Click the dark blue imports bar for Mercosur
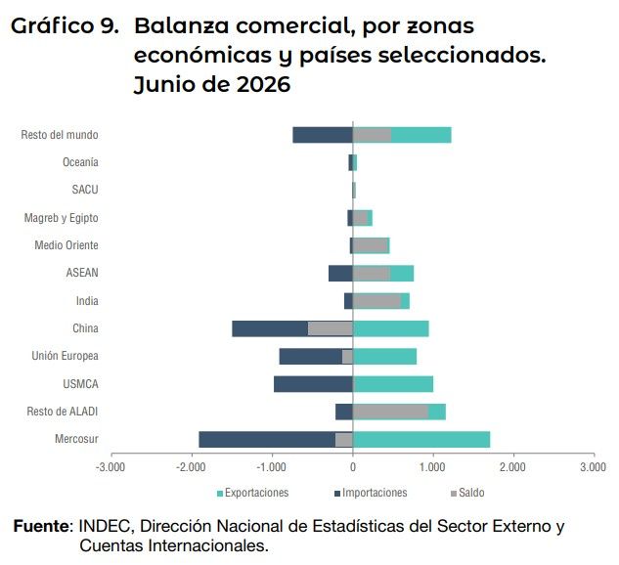pos(267,440)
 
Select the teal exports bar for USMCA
pos(393,384)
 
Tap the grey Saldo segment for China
pos(330,328)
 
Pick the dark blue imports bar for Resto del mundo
pos(323,135)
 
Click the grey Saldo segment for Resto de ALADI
pos(390,412)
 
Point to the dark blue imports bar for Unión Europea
pos(311,357)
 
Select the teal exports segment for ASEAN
pos(402,274)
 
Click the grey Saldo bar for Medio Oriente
pos(371,245)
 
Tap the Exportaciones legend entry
pos(253,493)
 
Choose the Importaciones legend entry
pos(371,493)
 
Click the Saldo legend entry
pos(467,493)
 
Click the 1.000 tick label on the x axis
pos(432,467)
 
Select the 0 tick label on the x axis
pos(353,467)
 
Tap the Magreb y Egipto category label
pos(62,218)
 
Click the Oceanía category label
pos(80,162)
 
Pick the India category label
pos(87,301)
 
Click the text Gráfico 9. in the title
pos(65,26)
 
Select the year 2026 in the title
pos(263,85)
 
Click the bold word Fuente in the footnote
pos(41,526)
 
